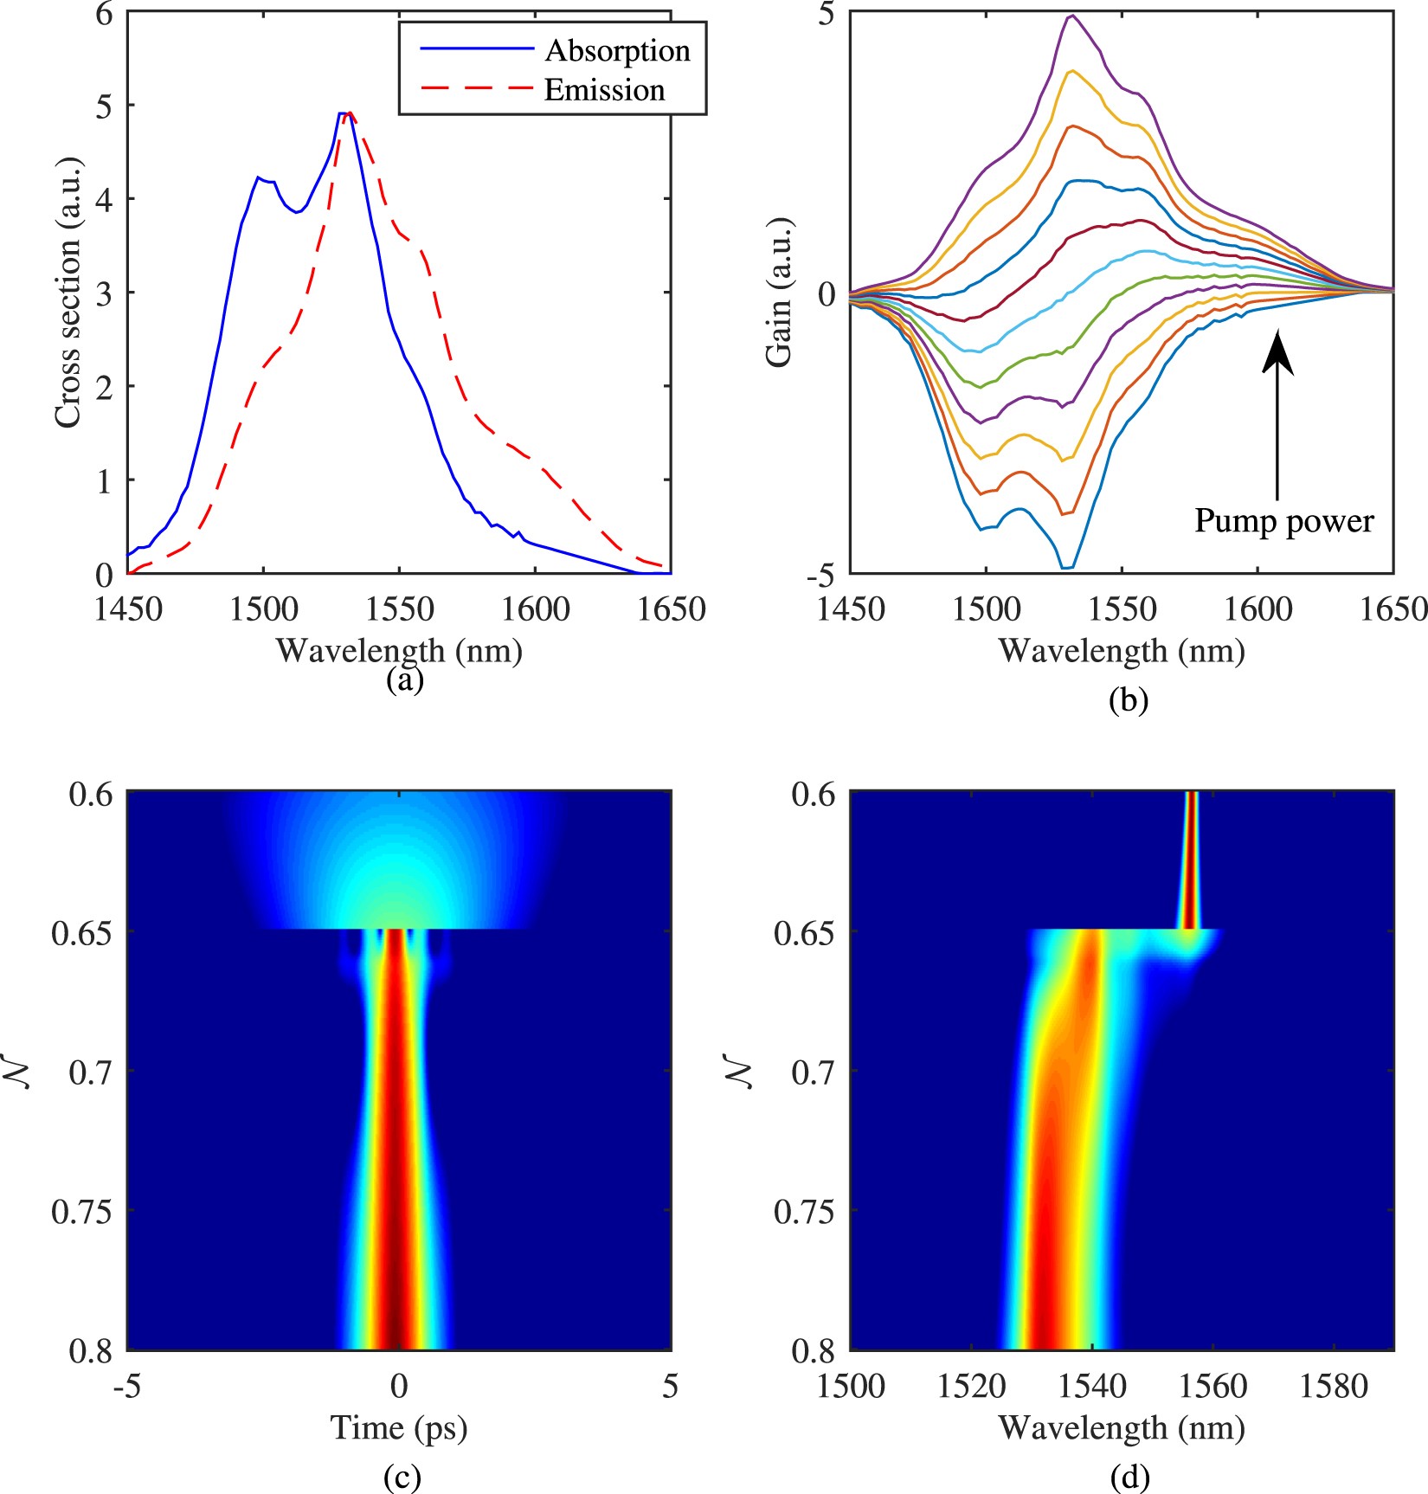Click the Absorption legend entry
click(616, 50)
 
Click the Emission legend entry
click(603, 90)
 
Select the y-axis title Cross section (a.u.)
click(67, 293)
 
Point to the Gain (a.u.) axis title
click(779, 293)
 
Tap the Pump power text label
click(1283, 521)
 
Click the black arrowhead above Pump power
click(1277, 355)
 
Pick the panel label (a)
click(404, 679)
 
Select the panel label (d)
click(1129, 1477)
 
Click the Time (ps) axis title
click(398, 1427)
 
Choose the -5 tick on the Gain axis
click(819, 574)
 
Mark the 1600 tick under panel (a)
click(535, 609)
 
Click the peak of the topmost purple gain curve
click(1072, 16)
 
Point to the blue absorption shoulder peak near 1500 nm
click(258, 177)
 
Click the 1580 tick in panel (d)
click(1334, 1386)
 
